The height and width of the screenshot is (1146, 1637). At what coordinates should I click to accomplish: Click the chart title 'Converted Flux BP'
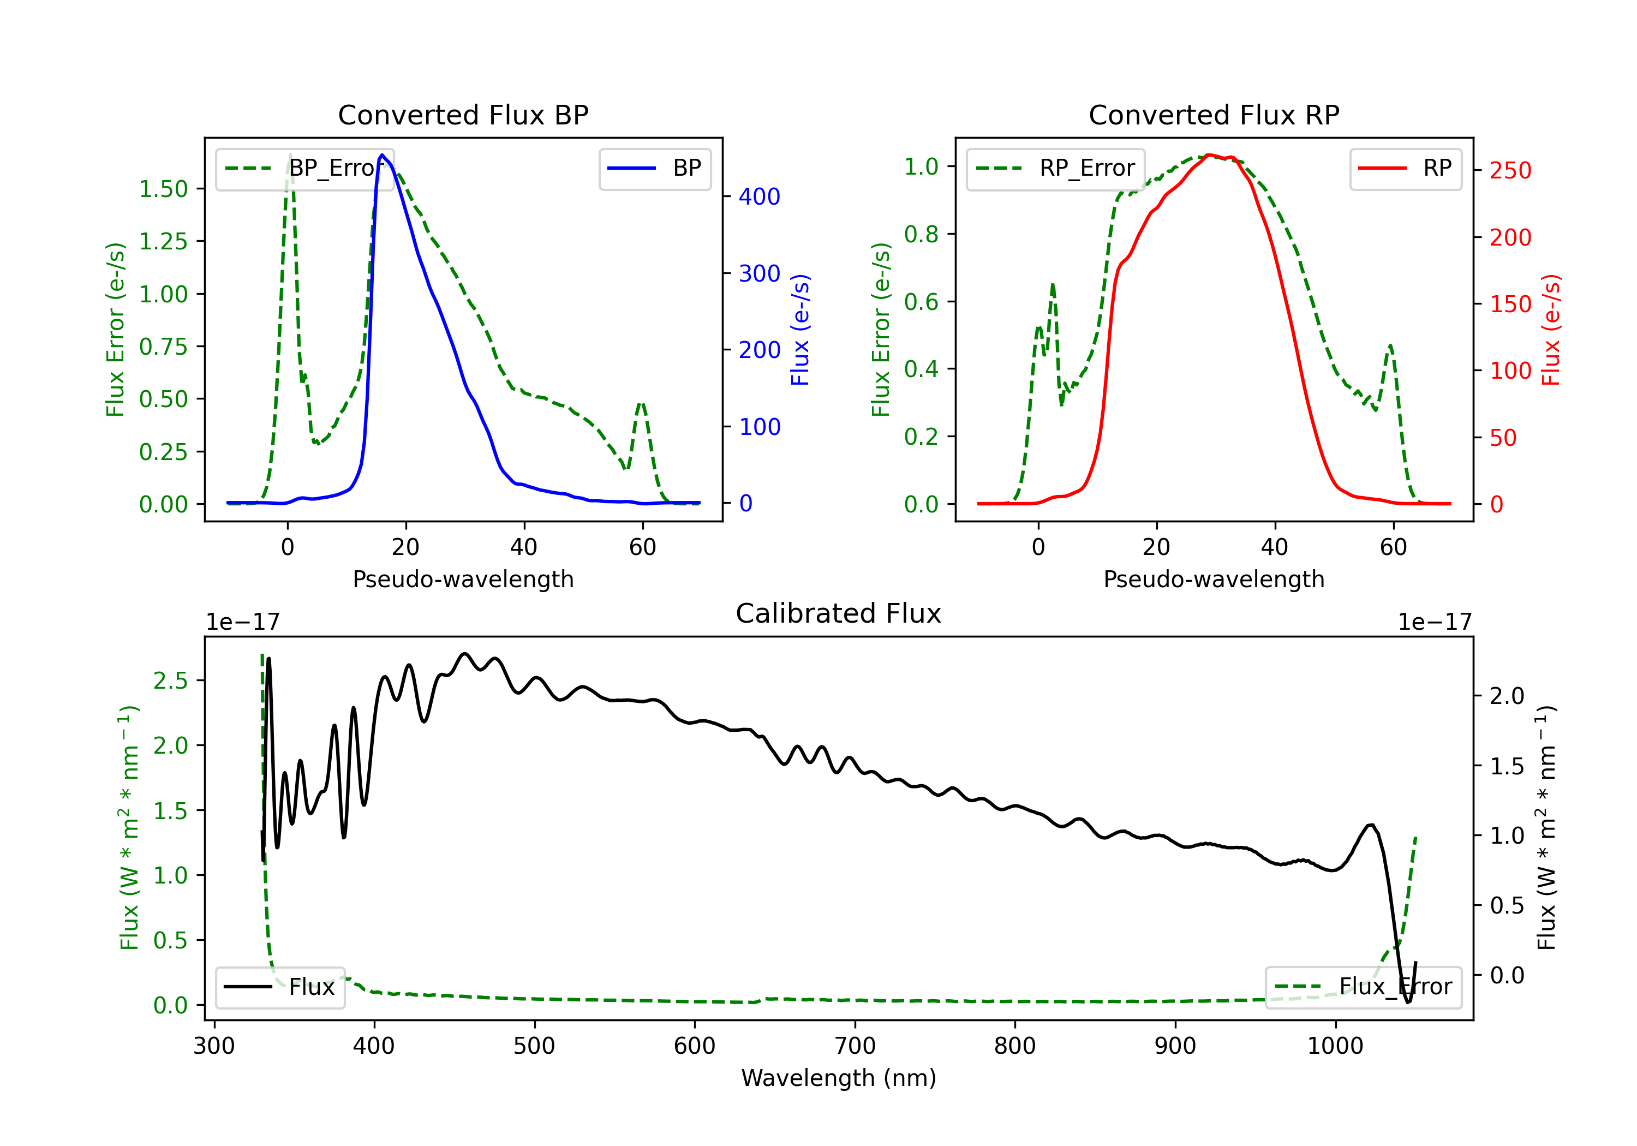(x=463, y=115)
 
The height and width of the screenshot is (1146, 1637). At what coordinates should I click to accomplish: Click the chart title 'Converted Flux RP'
(x=1214, y=115)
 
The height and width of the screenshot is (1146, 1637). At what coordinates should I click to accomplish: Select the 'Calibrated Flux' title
(x=839, y=613)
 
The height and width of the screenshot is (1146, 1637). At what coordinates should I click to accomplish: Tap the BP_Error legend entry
(x=304, y=168)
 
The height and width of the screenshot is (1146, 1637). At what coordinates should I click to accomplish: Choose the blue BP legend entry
(x=654, y=168)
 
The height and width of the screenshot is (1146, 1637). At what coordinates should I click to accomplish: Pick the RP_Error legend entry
(x=1055, y=168)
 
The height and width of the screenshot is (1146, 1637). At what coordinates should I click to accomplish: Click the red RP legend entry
(x=1405, y=168)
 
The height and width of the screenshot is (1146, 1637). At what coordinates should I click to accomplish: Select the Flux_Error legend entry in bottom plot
(x=1363, y=987)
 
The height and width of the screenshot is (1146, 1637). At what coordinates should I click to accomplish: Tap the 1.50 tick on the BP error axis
(x=163, y=189)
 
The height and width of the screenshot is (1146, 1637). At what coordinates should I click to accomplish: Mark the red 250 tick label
(x=1510, y=170)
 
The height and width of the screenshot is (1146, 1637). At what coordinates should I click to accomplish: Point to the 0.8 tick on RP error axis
(x=921, y=234)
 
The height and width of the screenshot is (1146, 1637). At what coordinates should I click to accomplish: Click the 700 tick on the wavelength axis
(x=855, y=1046)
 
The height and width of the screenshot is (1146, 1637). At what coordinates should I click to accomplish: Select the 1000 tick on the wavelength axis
(x=1335, y=1046)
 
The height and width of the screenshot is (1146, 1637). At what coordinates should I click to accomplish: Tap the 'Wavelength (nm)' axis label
(x=839, y=1078)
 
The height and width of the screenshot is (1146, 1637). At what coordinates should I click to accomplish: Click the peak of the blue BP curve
(x=382, y=155)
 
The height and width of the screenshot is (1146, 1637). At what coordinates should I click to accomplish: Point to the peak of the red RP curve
(x=1209, y=155)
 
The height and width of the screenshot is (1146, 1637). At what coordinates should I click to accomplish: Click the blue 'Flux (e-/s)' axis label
(x=800, y=330)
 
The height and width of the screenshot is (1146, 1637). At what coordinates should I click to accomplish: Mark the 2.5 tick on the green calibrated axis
(x=170, y=681)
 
